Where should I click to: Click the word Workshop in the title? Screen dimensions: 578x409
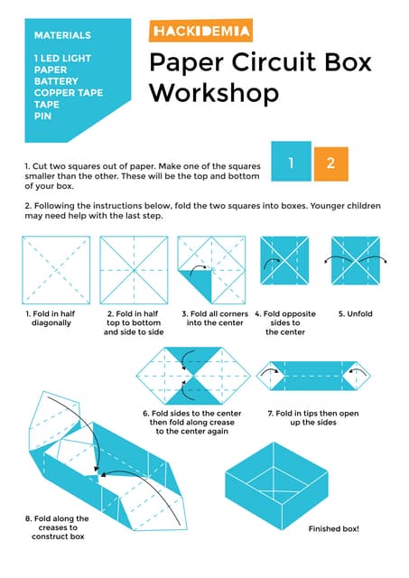[213, 92]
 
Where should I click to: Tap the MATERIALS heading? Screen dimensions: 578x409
[62, 35]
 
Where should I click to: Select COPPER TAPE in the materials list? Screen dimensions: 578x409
[68, 93]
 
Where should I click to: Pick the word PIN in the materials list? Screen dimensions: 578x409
[42, 117]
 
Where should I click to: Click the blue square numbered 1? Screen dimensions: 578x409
[291, 163]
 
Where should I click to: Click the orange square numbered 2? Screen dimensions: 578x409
[330, 163]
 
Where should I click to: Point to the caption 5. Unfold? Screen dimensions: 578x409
[355, 313]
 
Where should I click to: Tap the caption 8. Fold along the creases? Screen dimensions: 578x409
[58, 527]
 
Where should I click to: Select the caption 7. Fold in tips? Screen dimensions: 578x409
[314, 417]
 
